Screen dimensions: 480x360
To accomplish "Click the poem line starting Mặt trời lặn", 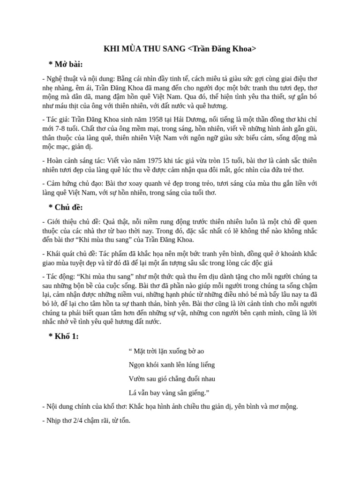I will tap(166, 351).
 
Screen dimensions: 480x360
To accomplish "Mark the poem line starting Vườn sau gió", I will tap(172, 379).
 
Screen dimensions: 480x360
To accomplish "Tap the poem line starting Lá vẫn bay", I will tap(169, 393).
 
